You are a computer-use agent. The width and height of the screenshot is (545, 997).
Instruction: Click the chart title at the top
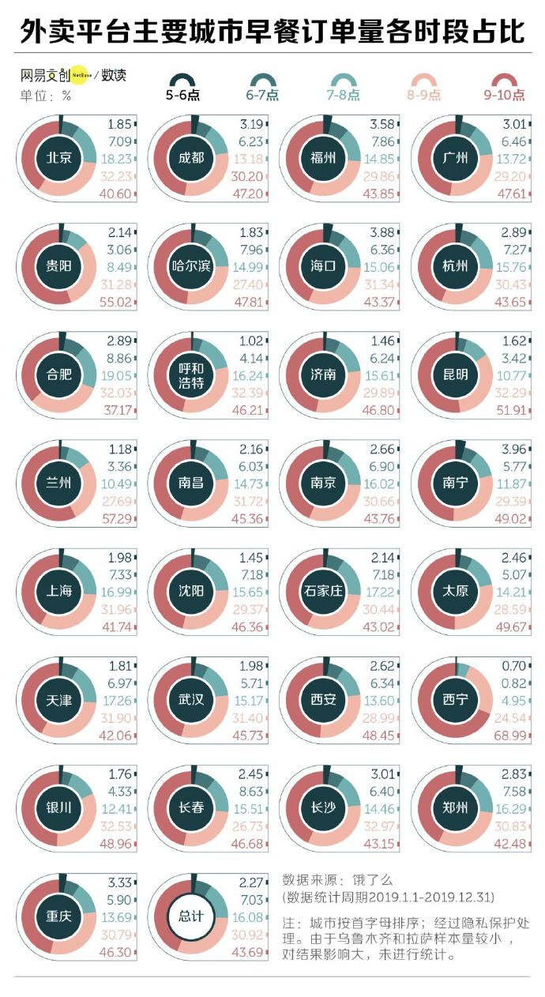pos(272,32)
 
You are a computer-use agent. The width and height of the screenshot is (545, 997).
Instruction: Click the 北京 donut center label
pos(59,158)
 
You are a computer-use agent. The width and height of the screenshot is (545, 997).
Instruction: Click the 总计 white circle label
pos(191,916)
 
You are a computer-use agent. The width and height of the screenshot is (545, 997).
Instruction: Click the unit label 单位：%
pos(45,96)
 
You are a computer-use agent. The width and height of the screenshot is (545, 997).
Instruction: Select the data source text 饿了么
pos(374,879)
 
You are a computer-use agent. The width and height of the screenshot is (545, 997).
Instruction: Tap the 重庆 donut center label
pos(59,916)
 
